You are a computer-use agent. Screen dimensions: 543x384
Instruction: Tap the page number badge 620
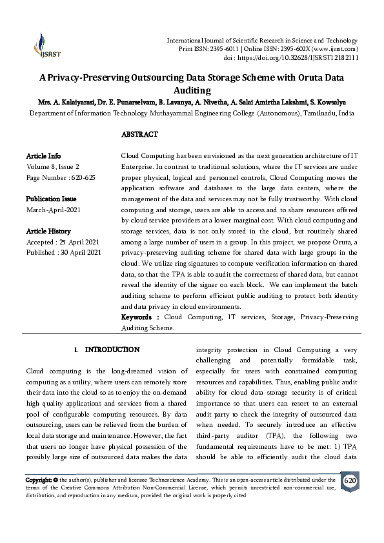click(349, 482)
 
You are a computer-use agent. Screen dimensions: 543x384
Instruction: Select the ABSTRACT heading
click(139, 134)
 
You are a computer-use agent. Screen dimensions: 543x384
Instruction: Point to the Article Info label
click(43, 156)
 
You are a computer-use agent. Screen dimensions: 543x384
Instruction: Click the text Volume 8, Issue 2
click(54, 166)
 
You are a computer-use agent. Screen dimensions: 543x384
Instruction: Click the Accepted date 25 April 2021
click(77, 242)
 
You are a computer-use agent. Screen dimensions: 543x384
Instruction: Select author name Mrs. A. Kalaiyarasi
click(66, 102)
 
